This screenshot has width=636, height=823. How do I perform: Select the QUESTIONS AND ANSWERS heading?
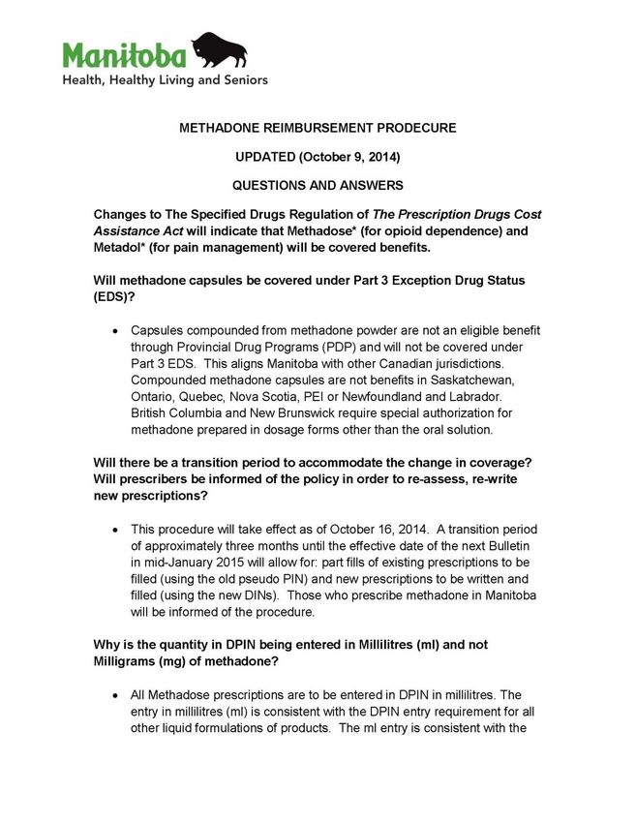click(x=318, y=185)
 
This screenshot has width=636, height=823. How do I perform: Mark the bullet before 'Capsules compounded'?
click(x=116, y=331)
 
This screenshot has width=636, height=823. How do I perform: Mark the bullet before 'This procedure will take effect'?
click(x=116, y=530)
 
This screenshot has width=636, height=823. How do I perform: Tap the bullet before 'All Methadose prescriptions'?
click(x=116, y=695)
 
